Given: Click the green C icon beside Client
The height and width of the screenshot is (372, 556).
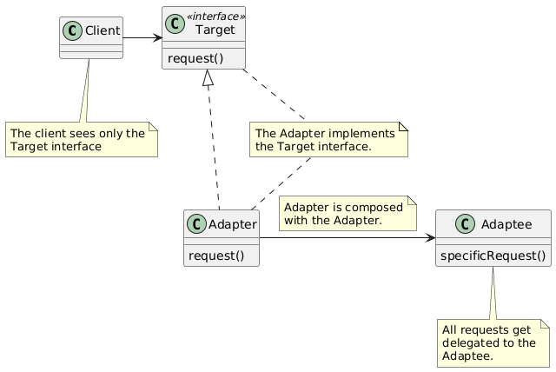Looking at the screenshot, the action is (x=73, y=30).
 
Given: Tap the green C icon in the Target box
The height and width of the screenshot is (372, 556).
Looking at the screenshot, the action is (x=175, y=24).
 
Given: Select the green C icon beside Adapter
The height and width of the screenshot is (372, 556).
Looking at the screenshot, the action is (x=196, y=224).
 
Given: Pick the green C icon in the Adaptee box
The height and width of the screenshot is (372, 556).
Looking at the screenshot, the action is (x=465, y=224).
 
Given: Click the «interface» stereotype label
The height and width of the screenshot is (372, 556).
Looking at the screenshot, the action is (x=215, y=17).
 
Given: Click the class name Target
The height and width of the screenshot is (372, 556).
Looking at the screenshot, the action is (x=215, y=30).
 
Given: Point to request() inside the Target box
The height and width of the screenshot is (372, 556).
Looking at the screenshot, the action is (x=195, y=58).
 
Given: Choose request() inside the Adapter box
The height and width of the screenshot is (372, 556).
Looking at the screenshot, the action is (x=216, y=256).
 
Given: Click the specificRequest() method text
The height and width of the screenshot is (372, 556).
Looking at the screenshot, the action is (x=493, y=256).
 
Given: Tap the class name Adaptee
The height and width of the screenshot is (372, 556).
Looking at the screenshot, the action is (x=506, y=224).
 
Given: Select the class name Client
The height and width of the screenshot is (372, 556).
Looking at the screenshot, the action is (x=103, y=30).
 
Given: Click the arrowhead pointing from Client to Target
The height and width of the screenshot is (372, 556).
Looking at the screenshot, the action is (x=158, y=37).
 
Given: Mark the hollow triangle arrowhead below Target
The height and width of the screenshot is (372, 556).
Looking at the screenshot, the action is (x=208, y=77).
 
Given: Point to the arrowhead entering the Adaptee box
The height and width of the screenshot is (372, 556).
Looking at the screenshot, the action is (x=431, y=237).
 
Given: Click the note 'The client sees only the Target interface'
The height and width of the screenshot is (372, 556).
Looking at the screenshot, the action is (x=82, y=139).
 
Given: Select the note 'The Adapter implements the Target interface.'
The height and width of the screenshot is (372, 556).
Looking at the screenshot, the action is (x=328, y=139).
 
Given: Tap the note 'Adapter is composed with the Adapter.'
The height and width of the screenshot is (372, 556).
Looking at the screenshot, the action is (x=347, y=213).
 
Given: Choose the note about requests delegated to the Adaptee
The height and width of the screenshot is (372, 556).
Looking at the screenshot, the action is (x=493, y=343).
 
